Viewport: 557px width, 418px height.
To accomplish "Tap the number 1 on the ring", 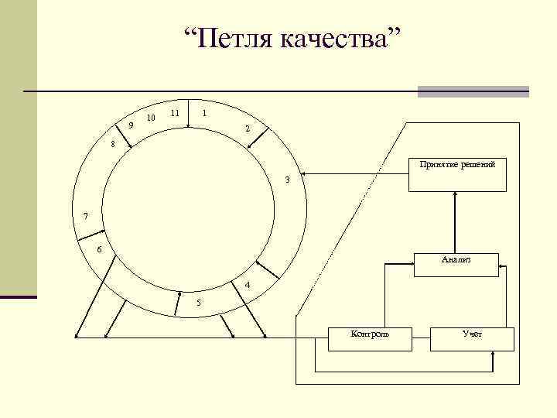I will pyautogui.click(x=203, y=113).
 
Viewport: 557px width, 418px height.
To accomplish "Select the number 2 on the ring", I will pyautogui.click(x=247, y=128).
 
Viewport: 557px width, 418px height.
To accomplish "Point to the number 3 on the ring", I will pyautogui.click(x=287, y=180).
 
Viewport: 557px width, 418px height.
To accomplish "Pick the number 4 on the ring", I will pyautogui.click(x=247, y=286).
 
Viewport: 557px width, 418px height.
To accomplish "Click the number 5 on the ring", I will pyautogui.click(x=198, y=302).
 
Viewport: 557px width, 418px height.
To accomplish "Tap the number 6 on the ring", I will pyautogui.click(x=99, y=249).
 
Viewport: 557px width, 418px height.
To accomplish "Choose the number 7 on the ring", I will pyautogui.click(x=86, y=215).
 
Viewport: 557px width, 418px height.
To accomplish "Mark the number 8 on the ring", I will pyautogui.click(x=112, y=144).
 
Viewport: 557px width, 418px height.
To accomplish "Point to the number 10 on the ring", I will pyautogui.click(x=151, y=118).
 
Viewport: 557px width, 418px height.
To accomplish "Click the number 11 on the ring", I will pyautogui.click(x=176, y=113).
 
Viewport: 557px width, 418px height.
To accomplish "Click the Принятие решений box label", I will pyautogui.click(x=457, y=165).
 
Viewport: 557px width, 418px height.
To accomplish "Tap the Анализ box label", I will pyautogui.click(x=456, y=260).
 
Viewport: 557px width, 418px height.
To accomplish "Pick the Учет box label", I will pyautogui.click(x=472, y=334).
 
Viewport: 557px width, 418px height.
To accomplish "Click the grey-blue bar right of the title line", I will pyautogui.click(x=473, y=91).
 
